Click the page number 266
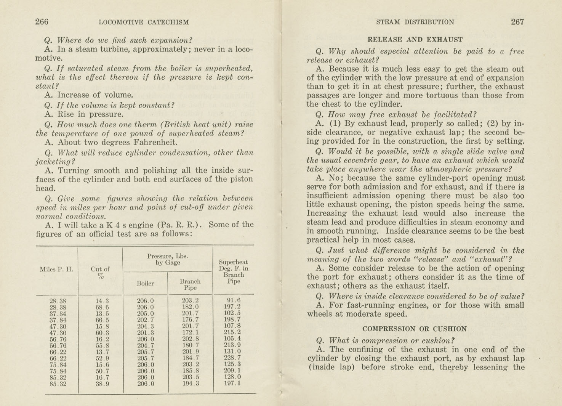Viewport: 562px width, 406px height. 42,22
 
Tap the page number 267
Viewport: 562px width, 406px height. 517,22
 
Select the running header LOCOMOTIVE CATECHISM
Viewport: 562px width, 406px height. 144,22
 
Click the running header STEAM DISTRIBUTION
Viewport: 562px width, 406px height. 415,22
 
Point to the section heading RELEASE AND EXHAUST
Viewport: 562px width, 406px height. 415,39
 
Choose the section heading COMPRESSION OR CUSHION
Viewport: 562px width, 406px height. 415,329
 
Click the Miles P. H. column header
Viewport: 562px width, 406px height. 56,269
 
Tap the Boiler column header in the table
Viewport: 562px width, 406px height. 145,283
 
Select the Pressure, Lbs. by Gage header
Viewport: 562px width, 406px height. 168,259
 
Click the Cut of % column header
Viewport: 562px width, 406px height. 100,272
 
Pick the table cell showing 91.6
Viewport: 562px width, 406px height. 234,300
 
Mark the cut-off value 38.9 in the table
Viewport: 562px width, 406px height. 102,384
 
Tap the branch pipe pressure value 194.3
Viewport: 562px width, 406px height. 190,384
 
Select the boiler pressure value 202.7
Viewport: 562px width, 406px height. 146,320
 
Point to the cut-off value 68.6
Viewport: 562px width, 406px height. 102,307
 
